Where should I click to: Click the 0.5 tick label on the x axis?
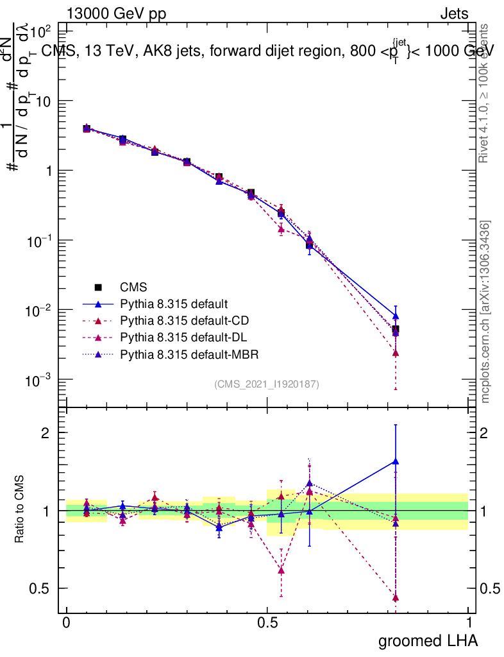point(267,622)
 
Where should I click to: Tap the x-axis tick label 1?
point(469,622)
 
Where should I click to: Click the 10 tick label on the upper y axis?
point(42,101)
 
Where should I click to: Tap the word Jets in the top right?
point(453,14)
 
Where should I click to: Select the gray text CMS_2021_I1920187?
point(267,384)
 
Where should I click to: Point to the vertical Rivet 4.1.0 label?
point(485,93)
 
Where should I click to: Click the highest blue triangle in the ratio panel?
point(396,461)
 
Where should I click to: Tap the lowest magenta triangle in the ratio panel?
point(396,597)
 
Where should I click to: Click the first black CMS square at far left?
point(87,128)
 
